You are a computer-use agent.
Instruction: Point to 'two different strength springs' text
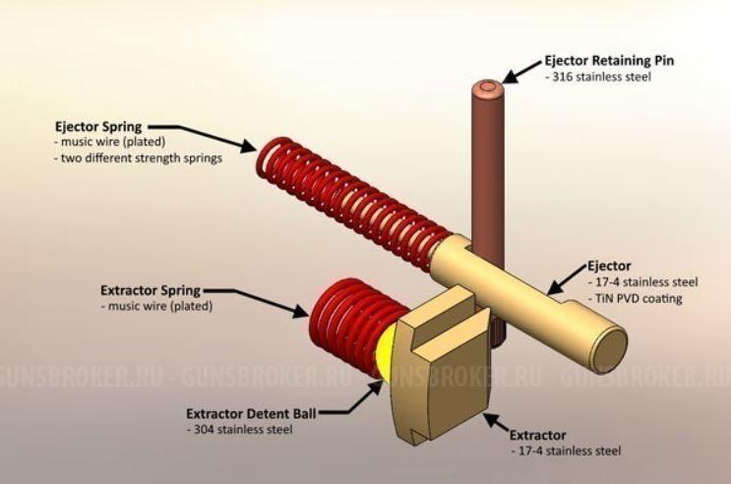(x=142, y=157)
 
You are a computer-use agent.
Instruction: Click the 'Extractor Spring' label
(x=151, y=291)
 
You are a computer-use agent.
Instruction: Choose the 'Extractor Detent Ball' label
(x=247, y=413)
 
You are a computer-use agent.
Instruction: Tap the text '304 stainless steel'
(x=239, y=429)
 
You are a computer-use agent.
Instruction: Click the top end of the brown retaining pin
(x=489, y=91)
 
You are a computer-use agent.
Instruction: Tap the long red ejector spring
(x=344, y=196)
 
